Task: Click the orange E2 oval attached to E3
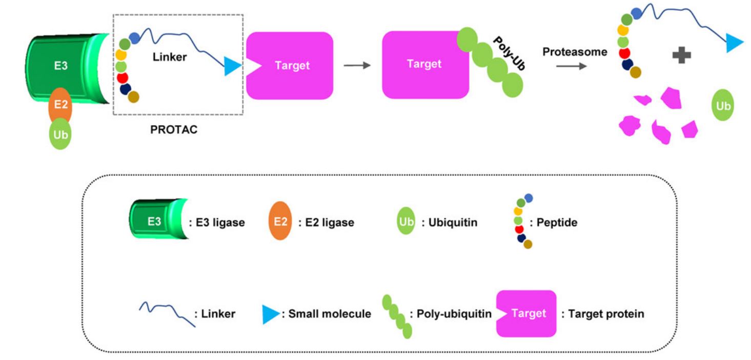click(60, 106)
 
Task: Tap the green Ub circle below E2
click(60, 134)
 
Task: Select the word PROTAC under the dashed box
click(174, 130)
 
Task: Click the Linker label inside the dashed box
click(170, 57)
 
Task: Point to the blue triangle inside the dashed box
click(232, 66)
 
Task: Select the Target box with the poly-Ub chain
click(424, 65)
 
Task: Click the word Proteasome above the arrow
click(575, 52)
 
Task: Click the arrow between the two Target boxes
click(357, 66)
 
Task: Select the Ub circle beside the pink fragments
click(723, 106)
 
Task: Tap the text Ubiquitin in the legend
click(453, 223)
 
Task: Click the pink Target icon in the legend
click(526, 313)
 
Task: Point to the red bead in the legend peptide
click(519, 229)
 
